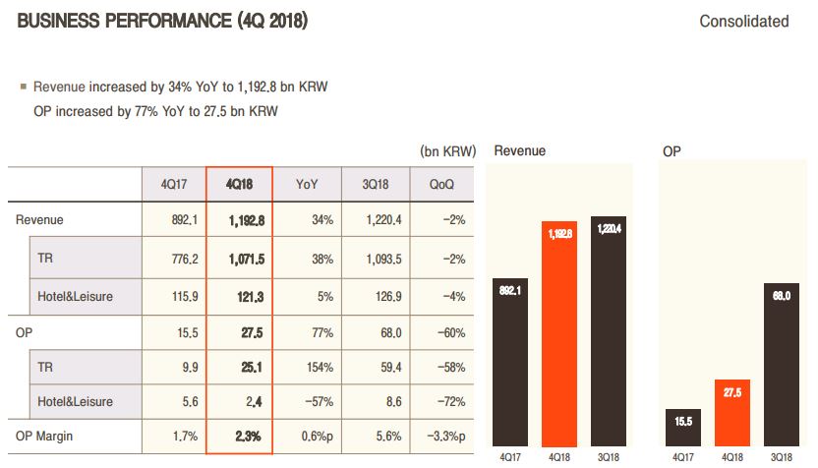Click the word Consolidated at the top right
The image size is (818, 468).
[x=743, y=21]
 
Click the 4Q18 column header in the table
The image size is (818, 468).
[x=239, y=184]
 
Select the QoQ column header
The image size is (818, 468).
[x=441, y=184]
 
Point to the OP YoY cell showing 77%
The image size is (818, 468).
[x=307, y=331]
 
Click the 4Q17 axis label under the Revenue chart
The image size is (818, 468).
[x=508, y=458]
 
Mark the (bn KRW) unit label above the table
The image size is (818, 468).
[x=447, y=151]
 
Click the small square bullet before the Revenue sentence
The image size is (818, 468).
[x=23, y=87]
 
